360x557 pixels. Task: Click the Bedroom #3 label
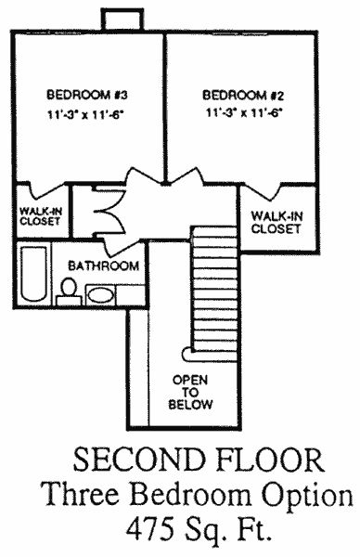(87, 95)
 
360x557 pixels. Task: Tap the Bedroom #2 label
(243, 96)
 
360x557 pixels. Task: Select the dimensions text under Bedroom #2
(244, 113)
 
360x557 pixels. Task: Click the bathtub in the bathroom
(33, 274)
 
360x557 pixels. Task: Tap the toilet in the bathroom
(69, 292)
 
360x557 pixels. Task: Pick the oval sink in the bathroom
(101, 295)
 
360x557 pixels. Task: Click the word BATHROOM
(103, 266)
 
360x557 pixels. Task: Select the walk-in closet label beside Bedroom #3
(40, 216)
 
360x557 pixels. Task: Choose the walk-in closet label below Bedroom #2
(276, 223)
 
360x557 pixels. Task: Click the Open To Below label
(190, 392)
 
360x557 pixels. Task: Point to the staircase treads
(214, 289)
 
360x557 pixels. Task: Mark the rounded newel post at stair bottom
(186, 355)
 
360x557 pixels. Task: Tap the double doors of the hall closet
(109, 212)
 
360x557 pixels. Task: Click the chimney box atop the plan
(122, 19)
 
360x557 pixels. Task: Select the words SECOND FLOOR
(199, 460)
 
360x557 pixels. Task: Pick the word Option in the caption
(307, 496)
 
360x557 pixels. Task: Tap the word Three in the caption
(82, 494)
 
